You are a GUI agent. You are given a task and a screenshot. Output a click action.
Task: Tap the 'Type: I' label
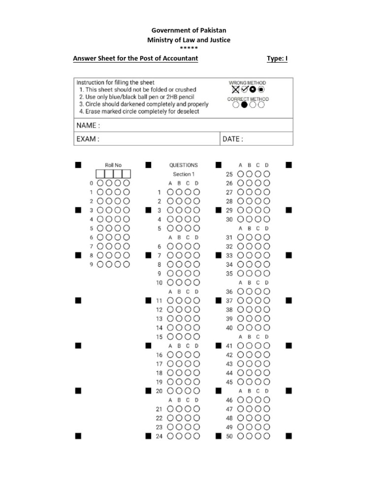[277, 59]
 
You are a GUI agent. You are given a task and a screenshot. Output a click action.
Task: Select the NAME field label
[88, 126]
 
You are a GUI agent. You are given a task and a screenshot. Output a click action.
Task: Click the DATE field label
[232, 139]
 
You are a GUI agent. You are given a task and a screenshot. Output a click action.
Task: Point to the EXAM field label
[88, 139]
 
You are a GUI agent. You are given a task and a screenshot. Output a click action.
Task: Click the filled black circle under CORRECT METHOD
[244, 104]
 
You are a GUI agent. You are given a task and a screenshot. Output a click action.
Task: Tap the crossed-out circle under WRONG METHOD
[236, 90]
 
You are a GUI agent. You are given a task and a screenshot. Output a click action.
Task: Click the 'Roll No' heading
[113, 165]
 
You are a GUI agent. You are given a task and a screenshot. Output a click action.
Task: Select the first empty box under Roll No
[100, 174]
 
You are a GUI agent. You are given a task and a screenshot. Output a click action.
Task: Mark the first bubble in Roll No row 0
[100, 183]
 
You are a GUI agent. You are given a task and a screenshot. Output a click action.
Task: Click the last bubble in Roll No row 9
[126, 264]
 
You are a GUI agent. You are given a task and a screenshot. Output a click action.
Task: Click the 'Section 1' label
[184, 174]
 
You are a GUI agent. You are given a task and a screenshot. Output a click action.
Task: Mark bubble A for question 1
[171, 192]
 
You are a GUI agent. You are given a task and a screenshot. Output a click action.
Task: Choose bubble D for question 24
[197, 436]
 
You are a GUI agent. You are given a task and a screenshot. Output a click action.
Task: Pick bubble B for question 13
[179, 318]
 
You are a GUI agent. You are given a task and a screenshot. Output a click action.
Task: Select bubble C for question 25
[258, 174]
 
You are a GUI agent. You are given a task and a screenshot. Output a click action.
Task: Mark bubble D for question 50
[267, 436]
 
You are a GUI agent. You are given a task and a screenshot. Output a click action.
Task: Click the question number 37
[229, 301]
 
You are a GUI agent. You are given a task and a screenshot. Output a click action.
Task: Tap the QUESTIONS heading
[184, 165]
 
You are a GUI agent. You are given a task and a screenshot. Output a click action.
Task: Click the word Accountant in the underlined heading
[180, 59]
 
